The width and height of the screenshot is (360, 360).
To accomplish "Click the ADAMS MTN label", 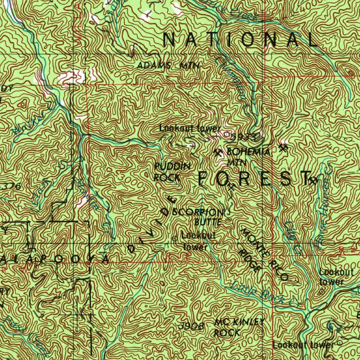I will click(x=168, y=65).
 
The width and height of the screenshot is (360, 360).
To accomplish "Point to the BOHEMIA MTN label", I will click(x=248, y=157).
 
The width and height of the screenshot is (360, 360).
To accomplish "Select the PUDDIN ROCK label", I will click(x=172, y=172).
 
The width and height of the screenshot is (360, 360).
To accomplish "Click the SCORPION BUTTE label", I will click(x=198, y=217).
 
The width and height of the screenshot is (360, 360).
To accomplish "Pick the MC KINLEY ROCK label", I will click(x=239, y=327).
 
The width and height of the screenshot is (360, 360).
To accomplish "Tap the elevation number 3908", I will click(x=191, y=326).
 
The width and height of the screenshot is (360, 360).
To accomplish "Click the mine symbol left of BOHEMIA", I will click(x=218, y=153).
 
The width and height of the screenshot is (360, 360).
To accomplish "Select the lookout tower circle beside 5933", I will click(x=226, y=134).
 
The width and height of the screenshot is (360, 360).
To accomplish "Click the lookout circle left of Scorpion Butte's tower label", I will click(x=175, y=238).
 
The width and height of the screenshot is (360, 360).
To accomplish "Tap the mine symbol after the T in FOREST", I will click(x=312, y=181).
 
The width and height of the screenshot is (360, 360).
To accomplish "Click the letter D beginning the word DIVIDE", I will click(x=132, y=249).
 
